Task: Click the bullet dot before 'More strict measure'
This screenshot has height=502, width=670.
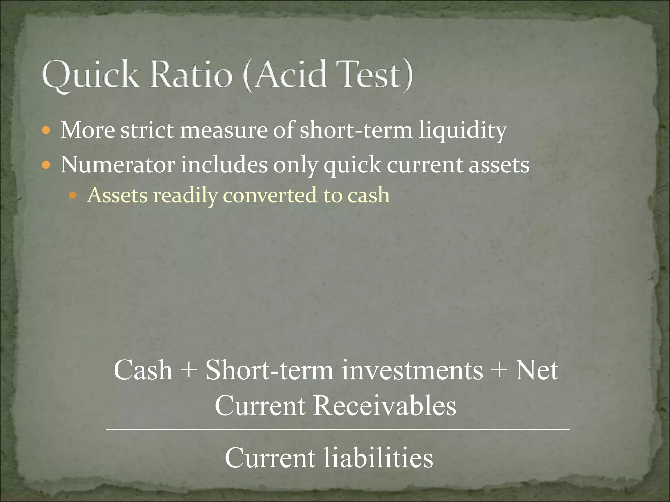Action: pyautogui.click(x=46, y=131)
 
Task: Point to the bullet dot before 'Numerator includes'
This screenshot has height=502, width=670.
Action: pyautogui.click(x=46, y=165)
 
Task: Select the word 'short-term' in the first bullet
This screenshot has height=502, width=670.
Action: pyautogui.click(x=356, y=130)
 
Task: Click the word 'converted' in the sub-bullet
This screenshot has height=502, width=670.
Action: pyautogui.click(x=270, y=195)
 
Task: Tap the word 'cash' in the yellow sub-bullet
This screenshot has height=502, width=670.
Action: pyautogui.click(x=369, y=195)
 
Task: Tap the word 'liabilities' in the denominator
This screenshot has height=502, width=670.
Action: pyautogui.click(x=379, y=458)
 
